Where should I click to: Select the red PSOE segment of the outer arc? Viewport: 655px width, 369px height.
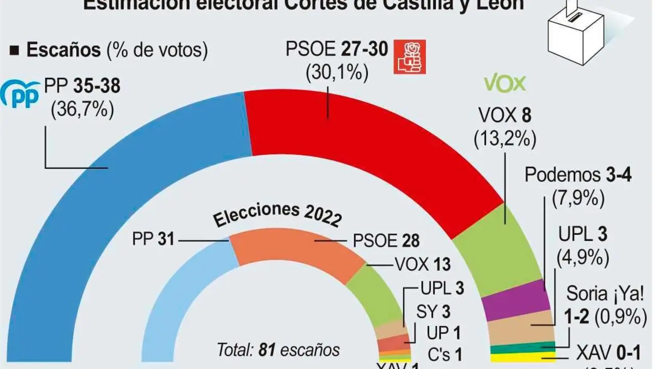click(358, 133)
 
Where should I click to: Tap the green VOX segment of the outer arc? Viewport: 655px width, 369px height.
click(491, 246)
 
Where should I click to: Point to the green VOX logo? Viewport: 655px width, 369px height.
click(505, 83)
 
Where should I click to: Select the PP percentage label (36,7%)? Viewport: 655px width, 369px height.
click(82, 110)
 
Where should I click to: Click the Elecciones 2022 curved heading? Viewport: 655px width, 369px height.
click(276, 215)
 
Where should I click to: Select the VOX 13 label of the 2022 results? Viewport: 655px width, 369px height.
click(423, 264)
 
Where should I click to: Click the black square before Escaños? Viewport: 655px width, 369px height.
click(15, 50)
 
